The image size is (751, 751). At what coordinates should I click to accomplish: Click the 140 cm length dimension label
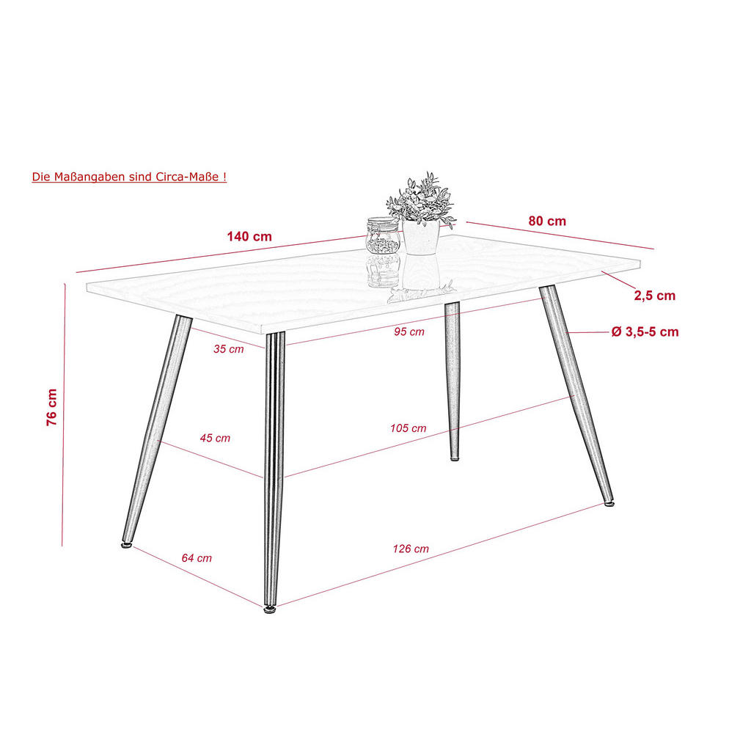(x=249, y=237)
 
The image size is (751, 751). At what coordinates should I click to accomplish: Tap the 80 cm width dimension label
(x=547, y=221)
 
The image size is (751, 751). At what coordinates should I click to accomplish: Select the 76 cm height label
(x=52, y=407)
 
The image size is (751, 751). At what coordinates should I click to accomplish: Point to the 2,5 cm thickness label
(x=654, y=296)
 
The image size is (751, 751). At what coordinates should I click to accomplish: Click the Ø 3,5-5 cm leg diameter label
(x=645, y=332)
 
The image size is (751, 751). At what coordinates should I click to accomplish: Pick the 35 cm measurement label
(x=229, y=349)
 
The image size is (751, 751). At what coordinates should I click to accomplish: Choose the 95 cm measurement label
(x=409, y=331)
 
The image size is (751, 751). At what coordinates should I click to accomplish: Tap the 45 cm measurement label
(x=215, y=438)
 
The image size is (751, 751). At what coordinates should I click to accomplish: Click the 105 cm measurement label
(x=409, y=428)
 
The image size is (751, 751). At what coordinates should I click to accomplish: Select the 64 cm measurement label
(x=197, y=558)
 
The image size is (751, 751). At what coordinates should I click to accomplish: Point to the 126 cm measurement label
(x=411, y=549)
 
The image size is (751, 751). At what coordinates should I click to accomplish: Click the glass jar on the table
(x=383, y=235)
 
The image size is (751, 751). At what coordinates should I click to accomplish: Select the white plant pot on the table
(x=421, y=238)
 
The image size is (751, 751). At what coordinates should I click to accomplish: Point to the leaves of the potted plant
(x=421, y=198)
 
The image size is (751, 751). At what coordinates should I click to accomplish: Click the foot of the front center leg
(x=271, y=607)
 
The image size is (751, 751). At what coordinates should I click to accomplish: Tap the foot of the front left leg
(x=126, y=545)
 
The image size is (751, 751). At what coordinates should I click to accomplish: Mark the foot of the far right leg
(x=609, y=503)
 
